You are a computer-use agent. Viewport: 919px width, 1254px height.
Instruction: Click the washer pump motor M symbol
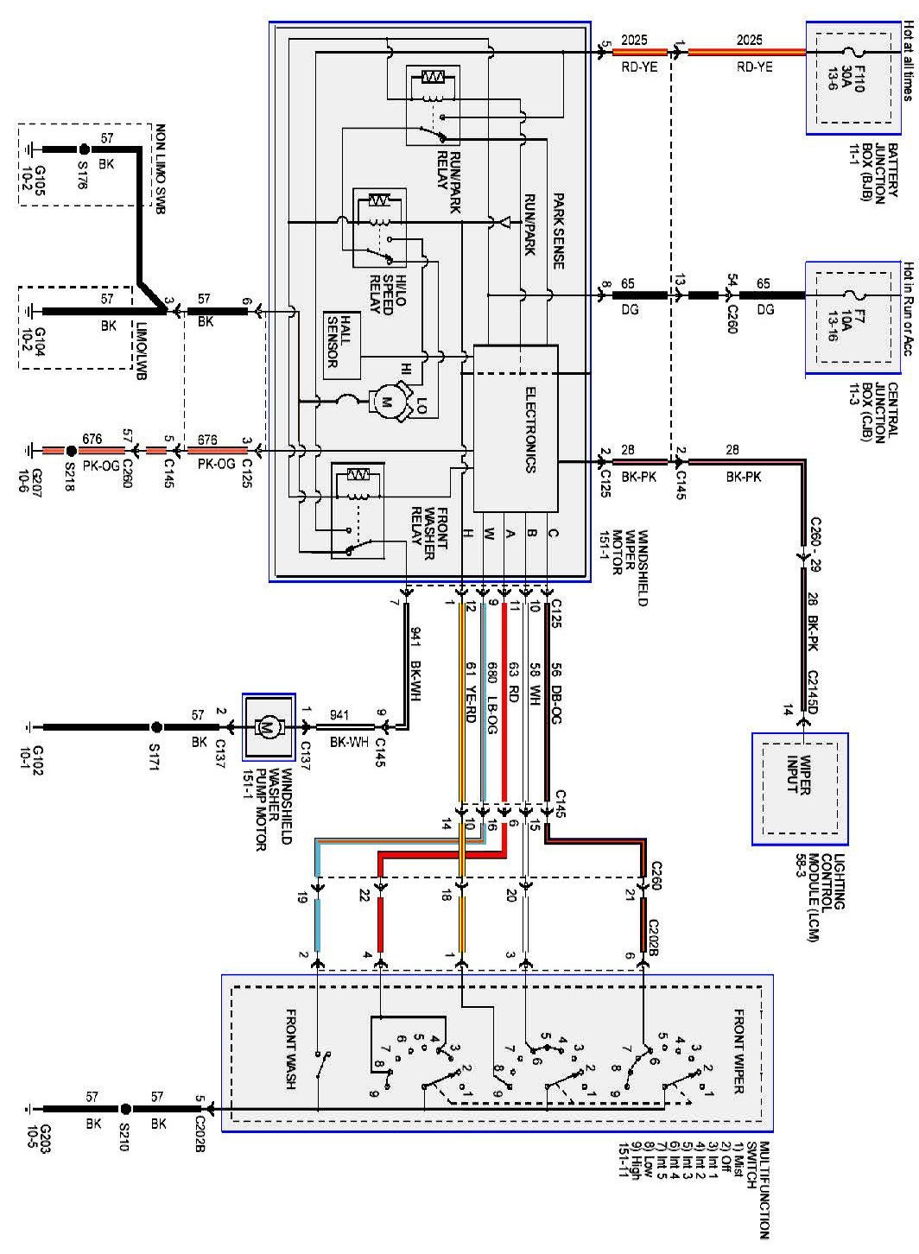pos(266,727)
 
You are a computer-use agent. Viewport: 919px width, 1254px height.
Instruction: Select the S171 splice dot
pos(156,728)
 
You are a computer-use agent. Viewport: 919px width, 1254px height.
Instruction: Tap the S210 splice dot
pos(126,1108)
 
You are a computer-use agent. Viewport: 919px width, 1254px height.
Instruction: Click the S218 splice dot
pos(71,451)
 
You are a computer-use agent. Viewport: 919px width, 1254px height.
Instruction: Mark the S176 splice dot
pos(83,149)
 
